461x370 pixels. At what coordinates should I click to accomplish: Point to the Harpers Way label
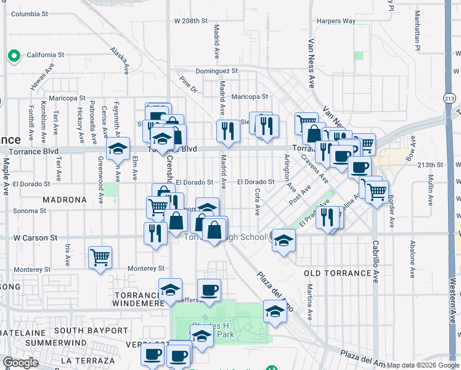(336, 21)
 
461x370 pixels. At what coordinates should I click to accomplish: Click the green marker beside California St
(14, 56)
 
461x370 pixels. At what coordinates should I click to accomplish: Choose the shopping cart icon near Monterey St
(100, 257)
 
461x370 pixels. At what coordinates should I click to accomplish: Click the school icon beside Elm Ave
(118, 149)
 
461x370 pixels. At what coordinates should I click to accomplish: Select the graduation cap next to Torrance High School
(284, 240)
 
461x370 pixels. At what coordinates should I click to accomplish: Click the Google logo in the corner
(20, 363)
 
